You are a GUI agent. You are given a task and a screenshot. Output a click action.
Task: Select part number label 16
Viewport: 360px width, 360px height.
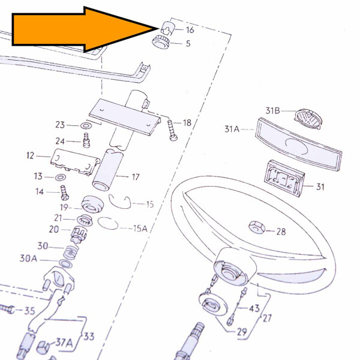pyautogui.click(x=190, y=30)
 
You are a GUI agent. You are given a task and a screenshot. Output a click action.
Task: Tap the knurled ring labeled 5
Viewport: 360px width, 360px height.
pyautogui.click(x=161, y=41)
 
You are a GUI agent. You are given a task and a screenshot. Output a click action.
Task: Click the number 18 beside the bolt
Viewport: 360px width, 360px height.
pyautogui.click(x=187, y=123)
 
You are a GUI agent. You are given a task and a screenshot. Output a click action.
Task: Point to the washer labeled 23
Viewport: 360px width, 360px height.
pyautogui.click(x=86, y=125)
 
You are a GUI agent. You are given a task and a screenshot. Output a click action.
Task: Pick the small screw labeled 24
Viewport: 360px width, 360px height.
pyautogui.click(x=86, y=140)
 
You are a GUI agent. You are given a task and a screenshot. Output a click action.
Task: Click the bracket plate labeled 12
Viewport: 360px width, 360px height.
pyautogui.click(x=75, y=161)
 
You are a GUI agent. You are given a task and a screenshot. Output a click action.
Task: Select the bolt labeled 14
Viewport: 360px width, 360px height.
pyautogui.click(x=65, y=193)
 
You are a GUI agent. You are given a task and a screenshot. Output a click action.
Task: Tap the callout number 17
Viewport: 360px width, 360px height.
pyautogui.click(x=136, y=177)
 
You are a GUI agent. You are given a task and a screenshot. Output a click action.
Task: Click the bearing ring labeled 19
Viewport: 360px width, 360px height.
pyautogui.click(x=92, y=204)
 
